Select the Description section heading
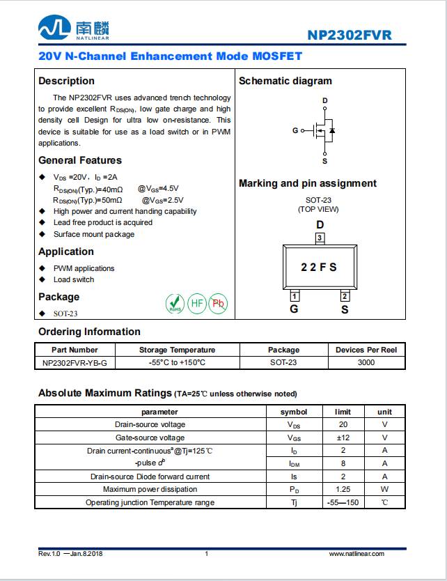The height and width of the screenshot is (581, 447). (66, 81)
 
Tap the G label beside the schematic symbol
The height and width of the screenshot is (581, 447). (295, 130)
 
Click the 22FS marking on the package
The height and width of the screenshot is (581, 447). (319, 267)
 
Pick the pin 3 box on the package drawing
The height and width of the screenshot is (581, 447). (320, 238)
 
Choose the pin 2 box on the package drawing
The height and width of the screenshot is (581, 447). (345, 295)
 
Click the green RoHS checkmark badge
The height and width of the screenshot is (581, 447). (174, 303)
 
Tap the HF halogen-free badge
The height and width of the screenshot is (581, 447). (196, 303)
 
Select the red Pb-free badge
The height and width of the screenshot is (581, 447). (218, 303)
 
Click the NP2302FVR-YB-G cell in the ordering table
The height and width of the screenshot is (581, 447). (74, 362)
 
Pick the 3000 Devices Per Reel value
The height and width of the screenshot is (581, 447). (366, 362)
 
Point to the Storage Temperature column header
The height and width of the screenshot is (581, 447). (177, 350)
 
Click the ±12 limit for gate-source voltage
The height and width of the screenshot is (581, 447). (343, 437)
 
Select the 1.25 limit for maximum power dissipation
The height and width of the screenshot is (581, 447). (343, 490)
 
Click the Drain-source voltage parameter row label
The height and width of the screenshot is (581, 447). (150, 424)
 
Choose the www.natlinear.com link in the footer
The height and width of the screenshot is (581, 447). (356, 554)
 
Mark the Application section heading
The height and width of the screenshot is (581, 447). (66, 251)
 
